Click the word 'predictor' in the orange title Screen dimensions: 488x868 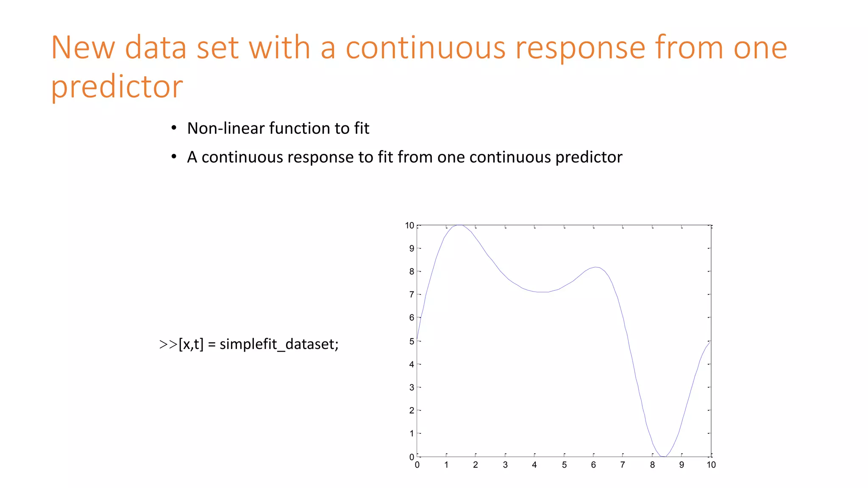(117, 87)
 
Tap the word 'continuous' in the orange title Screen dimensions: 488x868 (425, 47)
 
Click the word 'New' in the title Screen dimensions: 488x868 (83, 47)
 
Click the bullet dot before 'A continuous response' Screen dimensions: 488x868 (174, 157)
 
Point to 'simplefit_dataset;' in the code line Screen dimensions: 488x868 (279, 344)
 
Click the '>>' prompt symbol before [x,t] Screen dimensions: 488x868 (168, 344)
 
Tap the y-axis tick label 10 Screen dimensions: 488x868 (409, 226)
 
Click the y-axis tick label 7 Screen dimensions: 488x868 (412, 294)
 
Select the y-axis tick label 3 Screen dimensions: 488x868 (412, 387)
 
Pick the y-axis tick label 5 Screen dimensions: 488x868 (412, 341)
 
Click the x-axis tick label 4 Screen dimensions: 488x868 (534, 465)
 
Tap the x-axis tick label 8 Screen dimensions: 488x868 (652, 465)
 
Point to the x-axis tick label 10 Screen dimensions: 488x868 (711, 465)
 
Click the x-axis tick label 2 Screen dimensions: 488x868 (476, 465)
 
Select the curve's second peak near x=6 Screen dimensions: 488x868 (596, 267)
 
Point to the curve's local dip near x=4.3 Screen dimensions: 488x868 (543, 292)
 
